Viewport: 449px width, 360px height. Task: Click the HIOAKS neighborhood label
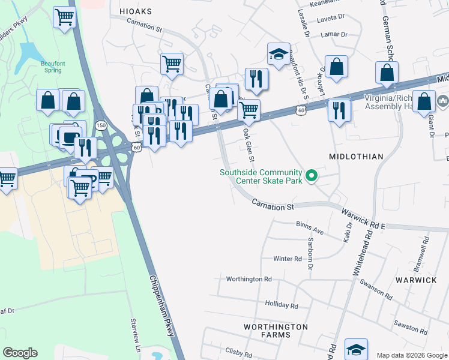click(x=135, y=11)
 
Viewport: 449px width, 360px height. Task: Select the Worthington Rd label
click(x=249, y=279)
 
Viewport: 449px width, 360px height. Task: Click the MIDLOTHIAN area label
click(x=356, y=157)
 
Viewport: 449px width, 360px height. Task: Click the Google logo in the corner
click(x=20, y=353)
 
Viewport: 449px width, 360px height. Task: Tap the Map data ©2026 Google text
click(x=411, y=355)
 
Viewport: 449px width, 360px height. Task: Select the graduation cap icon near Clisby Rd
click(x=356, y=348)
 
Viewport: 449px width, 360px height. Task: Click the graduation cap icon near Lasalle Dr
click(x=279, y=53)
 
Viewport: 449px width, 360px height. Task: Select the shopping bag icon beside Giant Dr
click(x=424, y=102)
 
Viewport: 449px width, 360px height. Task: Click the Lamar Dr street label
click(x=335, y=34)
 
